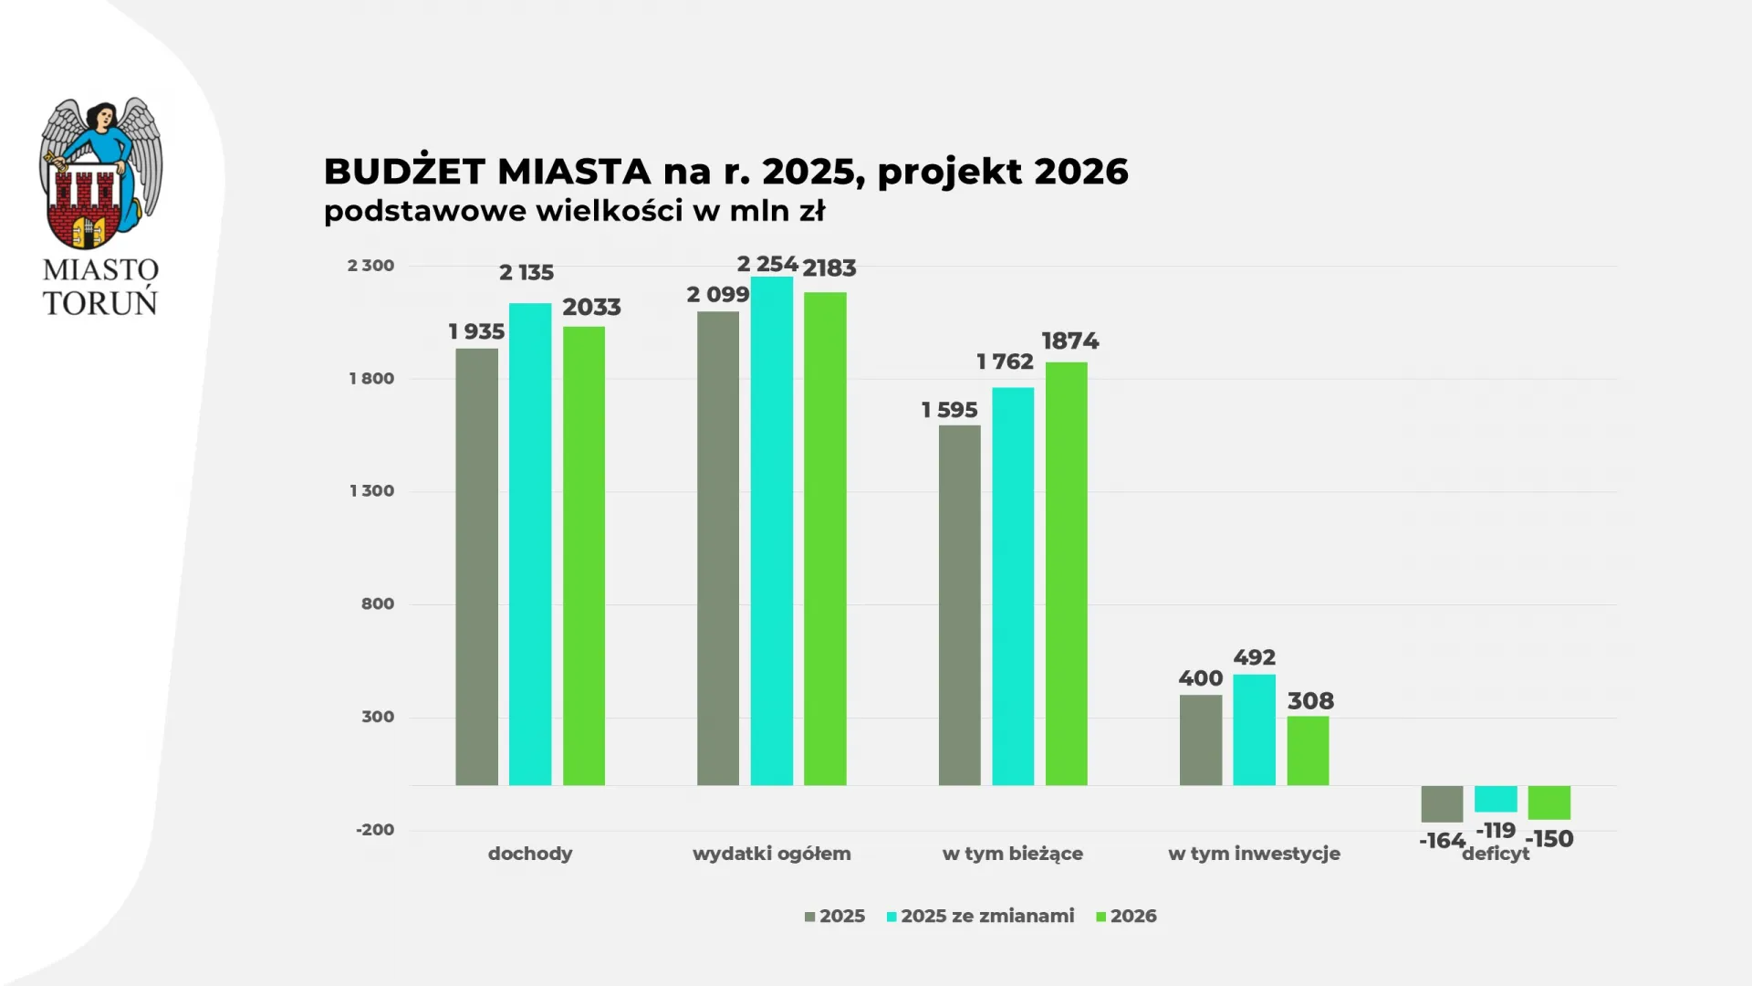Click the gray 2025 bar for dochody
[476, 566]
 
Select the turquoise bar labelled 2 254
[771, 530]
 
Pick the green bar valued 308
[1308, 750]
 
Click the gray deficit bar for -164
[1442, 803]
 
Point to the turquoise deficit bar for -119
[1496, 799]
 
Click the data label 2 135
[527, 272]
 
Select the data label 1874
[1069, 341]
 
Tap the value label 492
[1254, 657]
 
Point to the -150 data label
[1549, 839]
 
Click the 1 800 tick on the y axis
[371, 378]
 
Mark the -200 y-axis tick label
[375, 829]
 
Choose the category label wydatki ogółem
[771, 854]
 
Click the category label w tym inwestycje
[1254, 854]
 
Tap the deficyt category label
[1496, 855]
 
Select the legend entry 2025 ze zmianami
[987, 916]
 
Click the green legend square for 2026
[1100, 917]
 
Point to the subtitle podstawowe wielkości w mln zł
[574, 211]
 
